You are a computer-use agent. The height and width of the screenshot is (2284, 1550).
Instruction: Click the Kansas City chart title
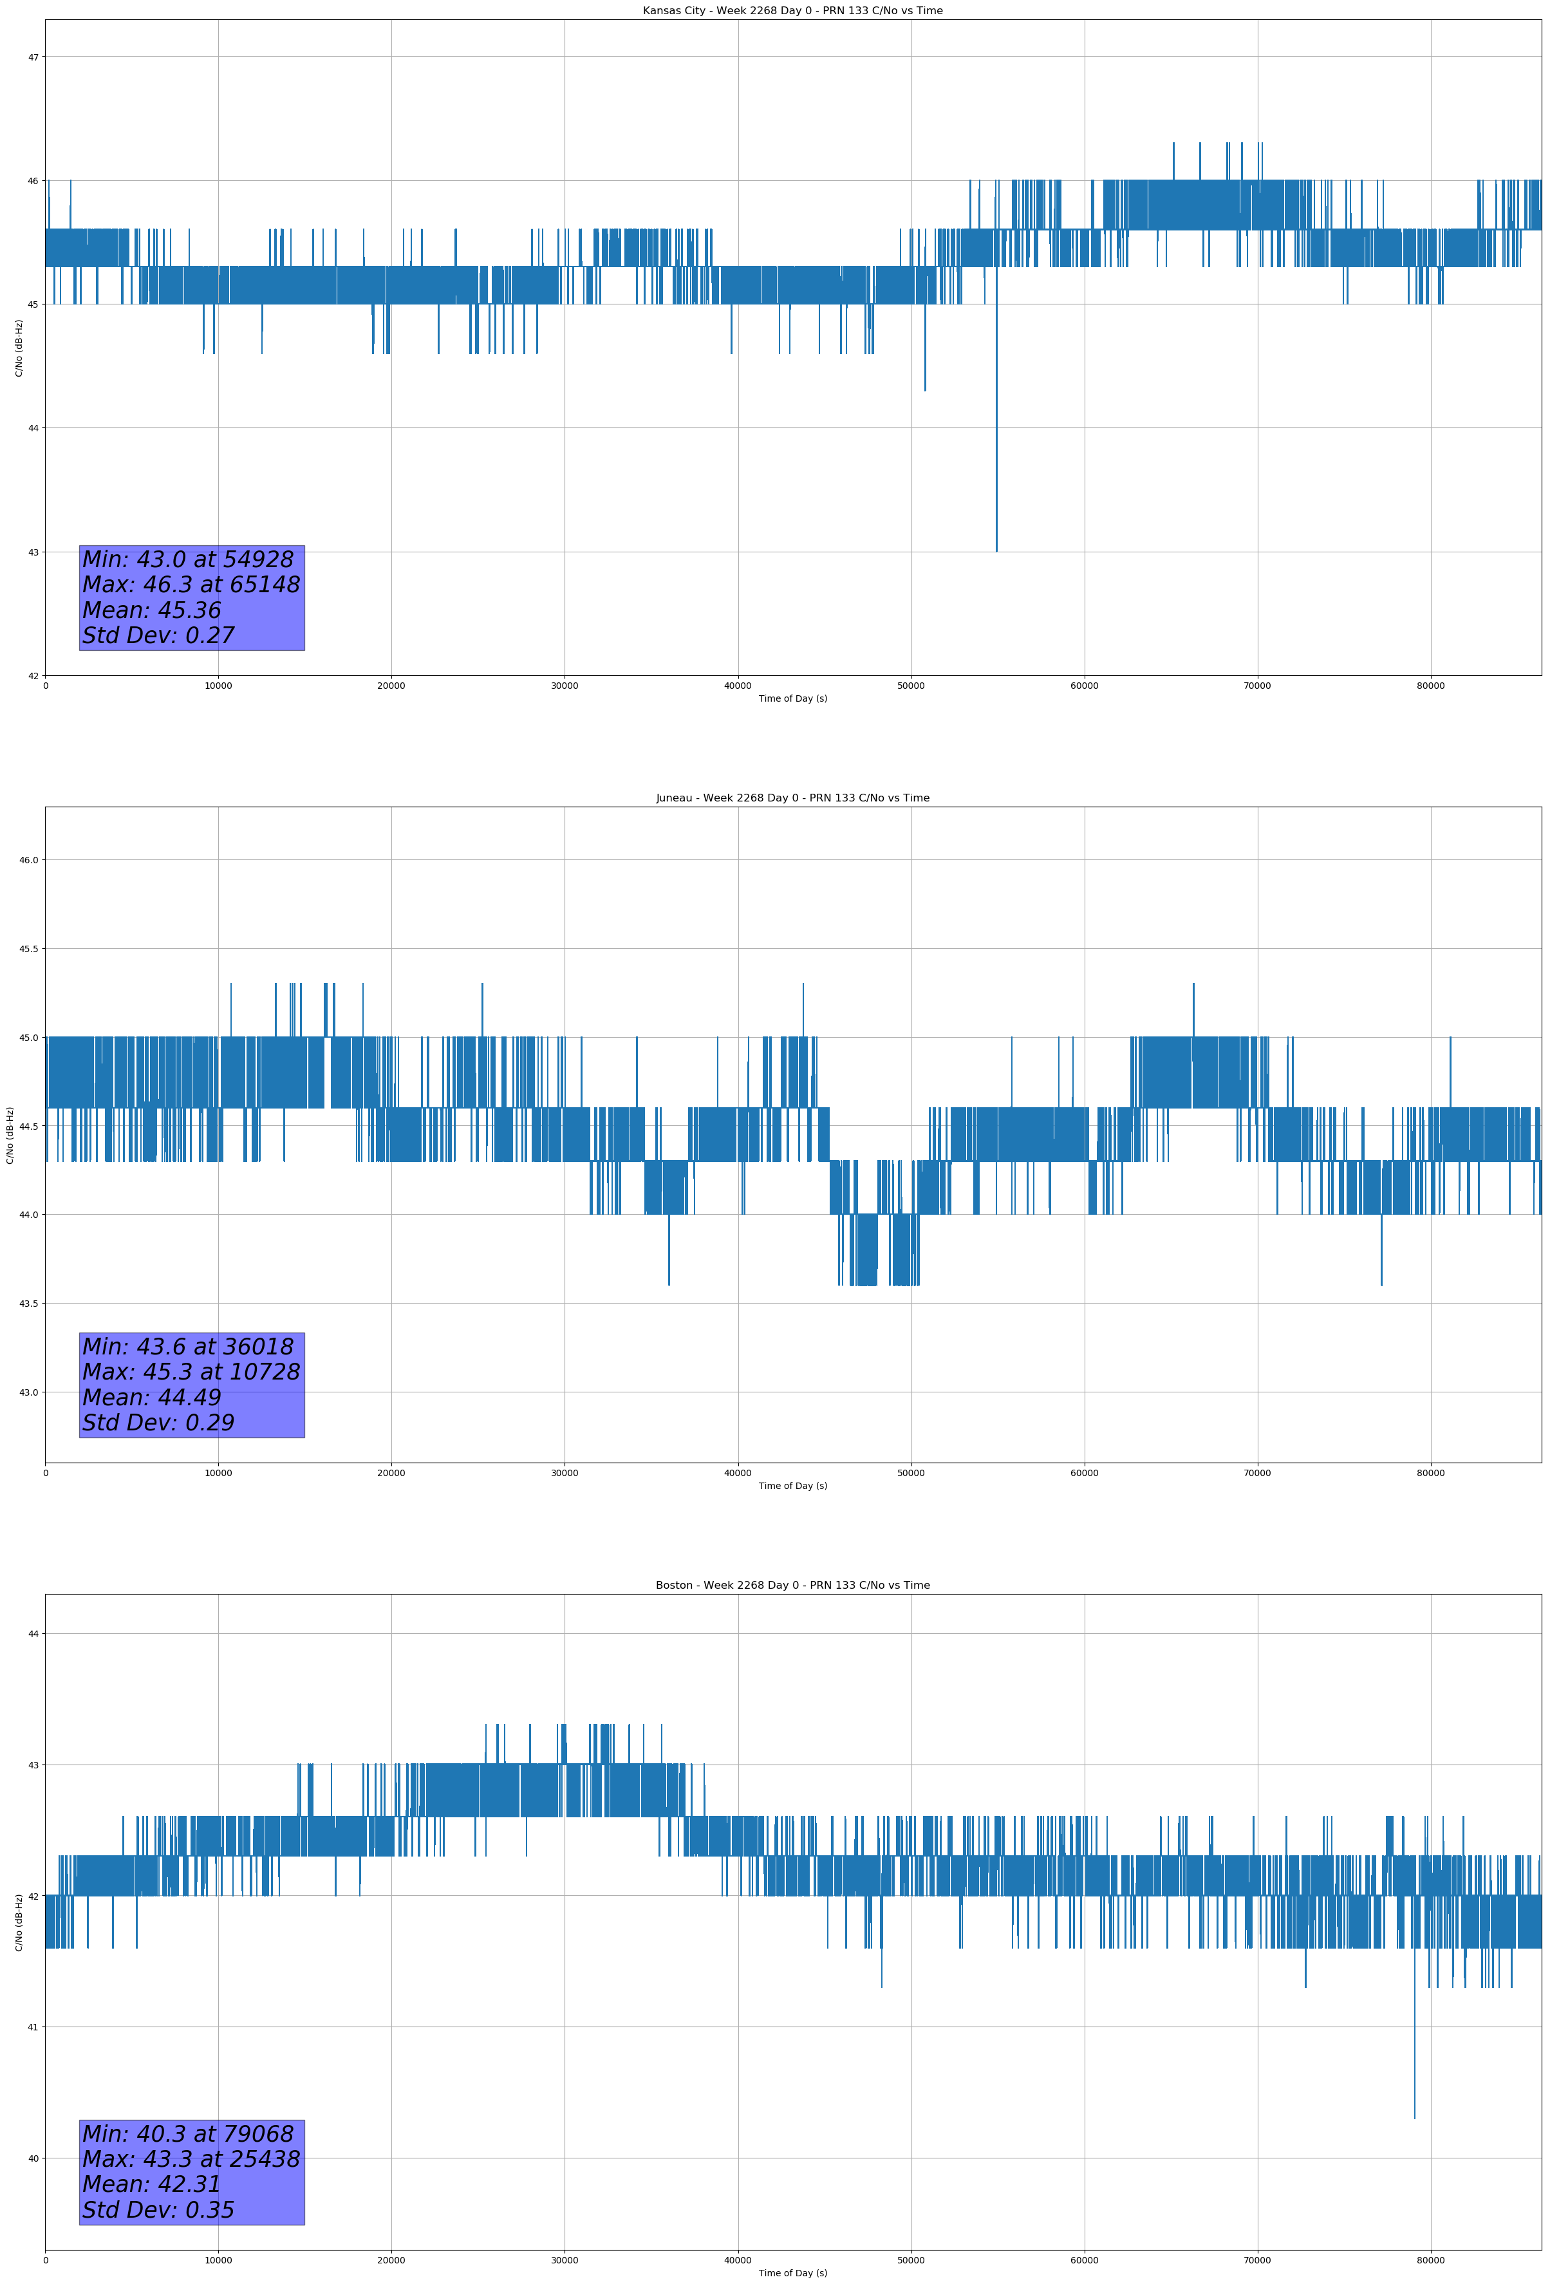click(x=792, y=11)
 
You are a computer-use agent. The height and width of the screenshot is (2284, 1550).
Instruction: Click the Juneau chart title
click(x=792, y=798)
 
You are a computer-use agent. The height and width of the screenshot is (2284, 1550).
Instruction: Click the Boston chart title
click(x=792, y=1586)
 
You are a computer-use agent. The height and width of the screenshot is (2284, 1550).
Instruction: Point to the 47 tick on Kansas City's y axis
click(x=33, y=57)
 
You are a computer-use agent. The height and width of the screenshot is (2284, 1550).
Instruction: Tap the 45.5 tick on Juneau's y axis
click(x=28, y=948)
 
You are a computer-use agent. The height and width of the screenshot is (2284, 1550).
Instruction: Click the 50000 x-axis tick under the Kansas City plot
click(x=911, y=686)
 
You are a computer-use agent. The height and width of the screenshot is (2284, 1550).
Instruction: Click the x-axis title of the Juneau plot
click(x=792, y=1486)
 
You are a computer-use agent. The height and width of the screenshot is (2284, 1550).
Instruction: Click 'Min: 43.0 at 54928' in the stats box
click(x=188, y=559)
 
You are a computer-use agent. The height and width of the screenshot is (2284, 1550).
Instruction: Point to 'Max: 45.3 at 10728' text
click(x=191, y=1372)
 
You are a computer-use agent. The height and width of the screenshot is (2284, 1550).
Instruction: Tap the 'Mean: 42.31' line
click(x=151, y=2184)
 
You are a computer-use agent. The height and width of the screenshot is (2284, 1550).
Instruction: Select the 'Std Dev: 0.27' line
click(x=158, y=636)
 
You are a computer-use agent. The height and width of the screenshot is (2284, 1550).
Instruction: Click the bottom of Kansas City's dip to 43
click(x=996, y=551)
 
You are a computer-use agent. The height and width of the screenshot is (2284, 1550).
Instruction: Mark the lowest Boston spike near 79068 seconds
click(x=1414, y=2118)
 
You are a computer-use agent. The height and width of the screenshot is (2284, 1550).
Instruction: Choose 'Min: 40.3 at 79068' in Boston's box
click(x=188, y=2133)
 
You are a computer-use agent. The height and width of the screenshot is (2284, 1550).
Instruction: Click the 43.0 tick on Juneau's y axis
click(x=28, y=1392)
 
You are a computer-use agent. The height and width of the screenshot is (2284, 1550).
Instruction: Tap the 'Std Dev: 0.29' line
click(x=158, y=1423)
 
